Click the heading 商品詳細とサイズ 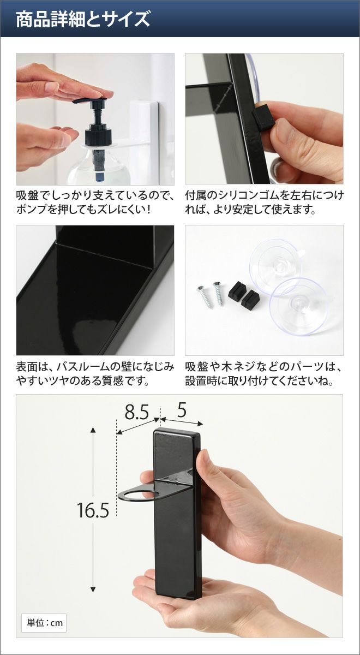pyautogui.click(x=83, y=20)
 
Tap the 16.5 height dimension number pyautogui.click(x=93, y=510)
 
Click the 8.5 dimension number pyautogui.click(x=137, y=412)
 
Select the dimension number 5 pyautogui.click(x=182, y=410)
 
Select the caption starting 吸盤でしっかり pyautogui.click(x=95, y=202)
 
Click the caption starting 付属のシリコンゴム pyautogui.click(x=264, y=202)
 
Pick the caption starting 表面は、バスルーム pyautogui.click(x=95, y=373)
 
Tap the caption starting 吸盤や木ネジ pyautogui.click(x=263, y=373)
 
